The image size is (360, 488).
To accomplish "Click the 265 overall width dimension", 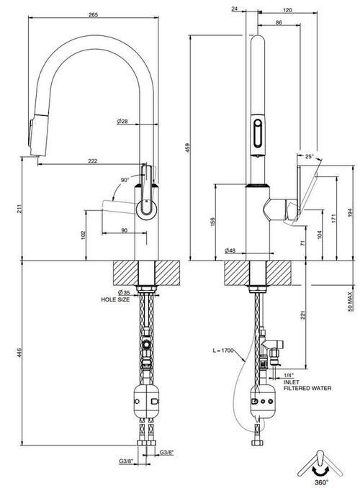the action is coord(93,14).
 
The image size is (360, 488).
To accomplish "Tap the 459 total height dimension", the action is coord(187,148).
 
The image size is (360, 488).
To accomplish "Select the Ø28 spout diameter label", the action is coord(122,121).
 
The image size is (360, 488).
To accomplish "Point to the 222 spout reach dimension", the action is coord(93,161).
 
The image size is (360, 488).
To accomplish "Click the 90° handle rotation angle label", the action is coord(125,180).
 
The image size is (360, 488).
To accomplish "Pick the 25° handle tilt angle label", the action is coord(309,156).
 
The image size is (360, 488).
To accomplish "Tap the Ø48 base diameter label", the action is coord(230,250).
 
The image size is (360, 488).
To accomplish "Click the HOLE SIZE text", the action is coord(115,299).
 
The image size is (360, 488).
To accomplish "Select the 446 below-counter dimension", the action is coord(19,353).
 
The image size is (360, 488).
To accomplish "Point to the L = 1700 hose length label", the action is coord(223,351).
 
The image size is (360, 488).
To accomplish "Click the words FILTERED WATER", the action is coord(307,388).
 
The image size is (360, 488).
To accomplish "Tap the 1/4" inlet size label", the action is coord(289,375).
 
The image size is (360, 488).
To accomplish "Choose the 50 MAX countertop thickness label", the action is coord(351,302).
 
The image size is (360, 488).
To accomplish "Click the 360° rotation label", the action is coord(321,482).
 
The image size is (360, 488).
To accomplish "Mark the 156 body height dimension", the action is coord(213,222).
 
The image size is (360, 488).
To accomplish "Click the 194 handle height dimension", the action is coord(351,212).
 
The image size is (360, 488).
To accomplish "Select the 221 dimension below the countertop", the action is coord(303,315).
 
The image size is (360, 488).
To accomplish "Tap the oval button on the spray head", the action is coord(258,133).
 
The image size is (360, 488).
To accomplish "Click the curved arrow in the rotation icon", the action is coord(321,471).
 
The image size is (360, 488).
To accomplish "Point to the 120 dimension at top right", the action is coord(287,10).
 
